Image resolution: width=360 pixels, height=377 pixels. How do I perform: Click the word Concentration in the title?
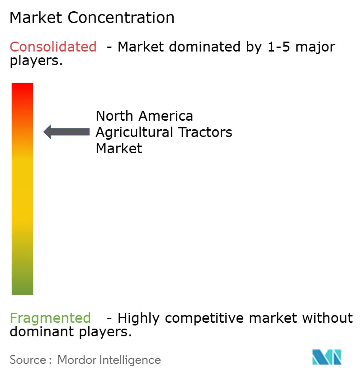[121, 18]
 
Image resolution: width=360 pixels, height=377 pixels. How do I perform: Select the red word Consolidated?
[53, 47]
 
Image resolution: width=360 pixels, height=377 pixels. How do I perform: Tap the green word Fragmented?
[50, 318]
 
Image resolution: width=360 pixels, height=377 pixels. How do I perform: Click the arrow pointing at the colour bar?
[66, 132]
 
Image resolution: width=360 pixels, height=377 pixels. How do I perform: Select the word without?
[327, 318]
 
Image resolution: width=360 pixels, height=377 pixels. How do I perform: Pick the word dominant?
[39, 332]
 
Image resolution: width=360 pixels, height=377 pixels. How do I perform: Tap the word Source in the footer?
[27, 360]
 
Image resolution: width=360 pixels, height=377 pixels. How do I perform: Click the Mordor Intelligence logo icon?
[327, 357]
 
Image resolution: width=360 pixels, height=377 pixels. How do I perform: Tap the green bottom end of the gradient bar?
[22, 287]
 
